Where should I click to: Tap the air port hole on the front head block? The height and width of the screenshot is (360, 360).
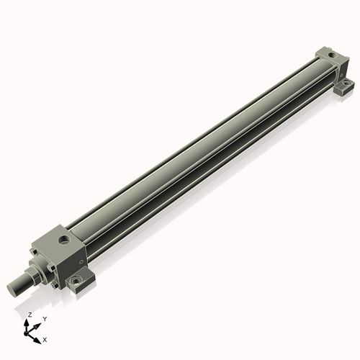[64, 235]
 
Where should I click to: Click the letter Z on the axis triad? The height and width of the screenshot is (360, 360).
[30, 315]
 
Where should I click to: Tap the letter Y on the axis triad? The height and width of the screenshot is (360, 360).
[44, 318]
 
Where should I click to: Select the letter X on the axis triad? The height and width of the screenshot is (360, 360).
[45, 338]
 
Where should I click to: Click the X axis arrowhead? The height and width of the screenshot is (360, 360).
[39, 337]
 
